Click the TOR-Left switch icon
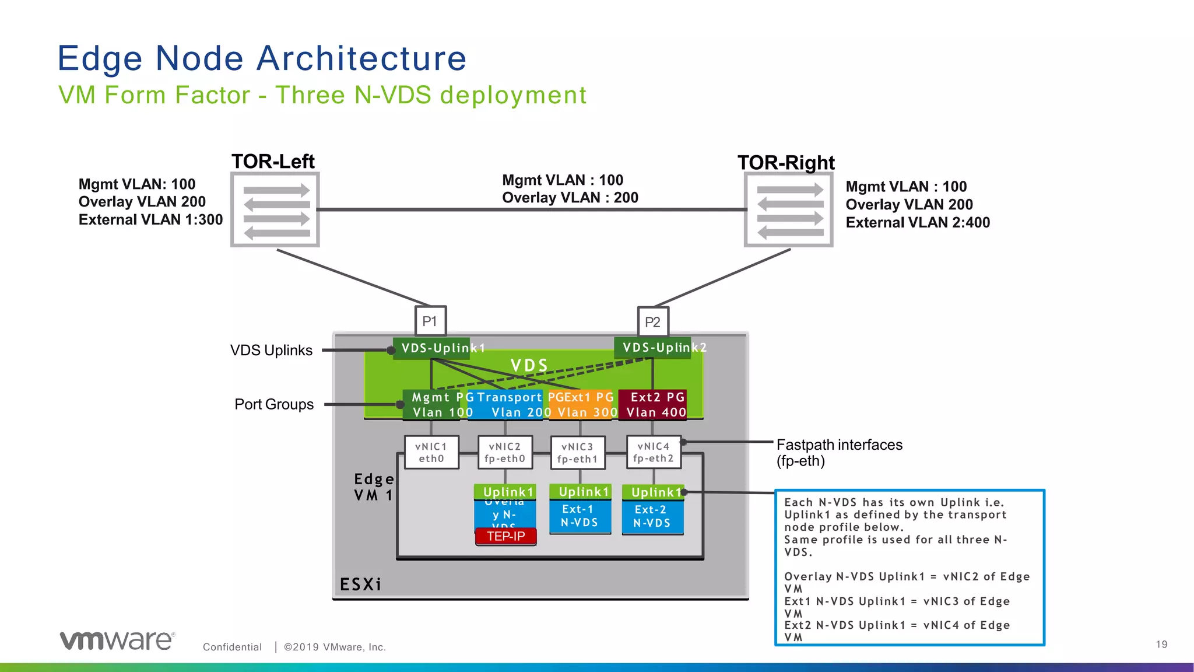pyautogui.click(x=275, y=209)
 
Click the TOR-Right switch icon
pyautogui.click(x=789, y=210)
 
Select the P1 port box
pyautogui.click(x=430, y=321)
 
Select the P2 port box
pyautogui.click(x=652, y=322)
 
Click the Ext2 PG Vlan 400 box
pyautogui.click(x=654, y=405)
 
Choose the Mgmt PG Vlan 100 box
pyautogui.click(x=434, y=405)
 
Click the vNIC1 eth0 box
pyautogui.click(x=431, y=453)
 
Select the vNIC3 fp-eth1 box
pyautogui.click(x=578, y=453)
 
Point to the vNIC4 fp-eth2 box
pyautogui.click(x=654, y=452)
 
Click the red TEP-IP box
pyautogui.click(x=505, y=536)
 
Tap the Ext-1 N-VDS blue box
pyautogui.click(x=580, y=516)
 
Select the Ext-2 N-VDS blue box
pyautogui.click(x=652, y=517)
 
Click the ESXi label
pyautogui.click(x=360, y=584)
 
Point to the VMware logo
pyautogui.click(x=117, y=640)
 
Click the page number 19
pyautogui.click(x=1161, y=645)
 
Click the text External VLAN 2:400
pyautogui.click(x=917, y=223)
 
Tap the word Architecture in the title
pyautogui.click(x=361, y=58)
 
